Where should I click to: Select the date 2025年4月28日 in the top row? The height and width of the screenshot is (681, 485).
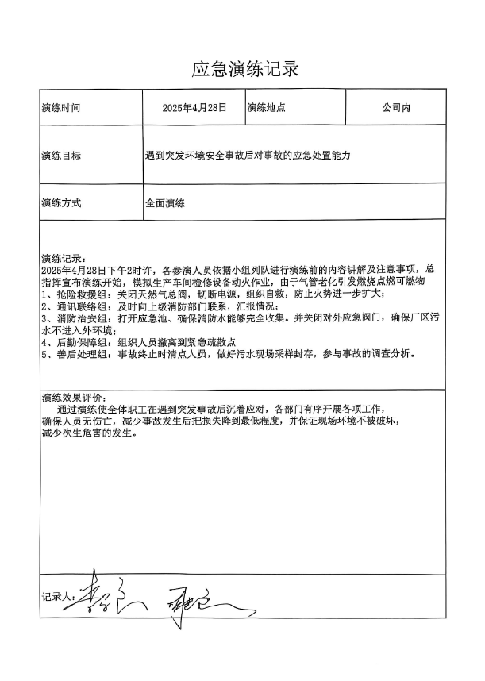tap(194, 107)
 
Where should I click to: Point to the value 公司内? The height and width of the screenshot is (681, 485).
tap(395, 107)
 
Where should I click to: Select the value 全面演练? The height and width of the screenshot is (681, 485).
tap(165, 203)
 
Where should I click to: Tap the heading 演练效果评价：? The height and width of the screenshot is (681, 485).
tap(72, 398)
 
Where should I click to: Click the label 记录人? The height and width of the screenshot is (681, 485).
tap(57, 593)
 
